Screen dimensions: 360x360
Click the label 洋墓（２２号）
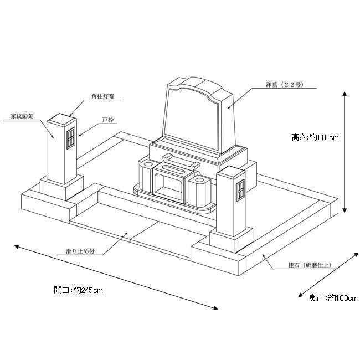pos(285,85)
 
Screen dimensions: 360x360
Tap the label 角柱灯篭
pos(103,96)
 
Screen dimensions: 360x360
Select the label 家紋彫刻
pos(22,116)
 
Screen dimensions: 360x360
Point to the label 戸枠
pos(108,120)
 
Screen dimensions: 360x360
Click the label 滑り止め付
pos(80,251)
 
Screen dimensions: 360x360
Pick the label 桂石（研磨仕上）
pos(310,265)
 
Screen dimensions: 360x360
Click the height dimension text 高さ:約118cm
pos(315,137)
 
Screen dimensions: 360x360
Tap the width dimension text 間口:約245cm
pos(78,290)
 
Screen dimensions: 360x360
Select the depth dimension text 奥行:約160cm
pos(333,298)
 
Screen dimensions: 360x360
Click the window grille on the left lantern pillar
pos(71,138)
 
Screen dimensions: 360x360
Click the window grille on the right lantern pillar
pos(240,191)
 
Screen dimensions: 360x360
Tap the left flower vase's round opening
pos(148,164)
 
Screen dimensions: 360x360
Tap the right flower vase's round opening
pos(199,179)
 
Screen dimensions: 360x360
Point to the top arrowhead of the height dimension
pos(344,94)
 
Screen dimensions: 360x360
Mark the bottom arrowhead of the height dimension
pos(344,210)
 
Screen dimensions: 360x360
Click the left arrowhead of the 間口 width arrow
pos(17,246)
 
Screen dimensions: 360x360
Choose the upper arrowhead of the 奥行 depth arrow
pos(356,255)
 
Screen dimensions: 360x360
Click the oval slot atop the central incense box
pos(174,169)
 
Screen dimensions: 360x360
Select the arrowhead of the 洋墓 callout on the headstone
pos(229,107)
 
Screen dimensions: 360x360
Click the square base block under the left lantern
pos(61,187)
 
